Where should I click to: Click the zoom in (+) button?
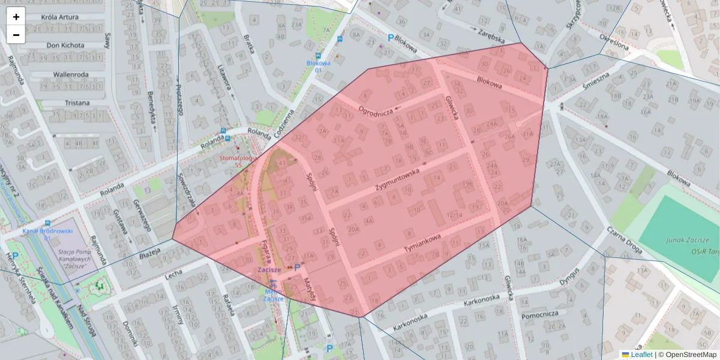tap(16, 17)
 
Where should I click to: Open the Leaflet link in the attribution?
tap(641, 355)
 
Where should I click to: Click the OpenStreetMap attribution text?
tap(689, 355)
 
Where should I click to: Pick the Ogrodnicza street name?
tap(375, 110)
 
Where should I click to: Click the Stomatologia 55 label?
tap(238, 161)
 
